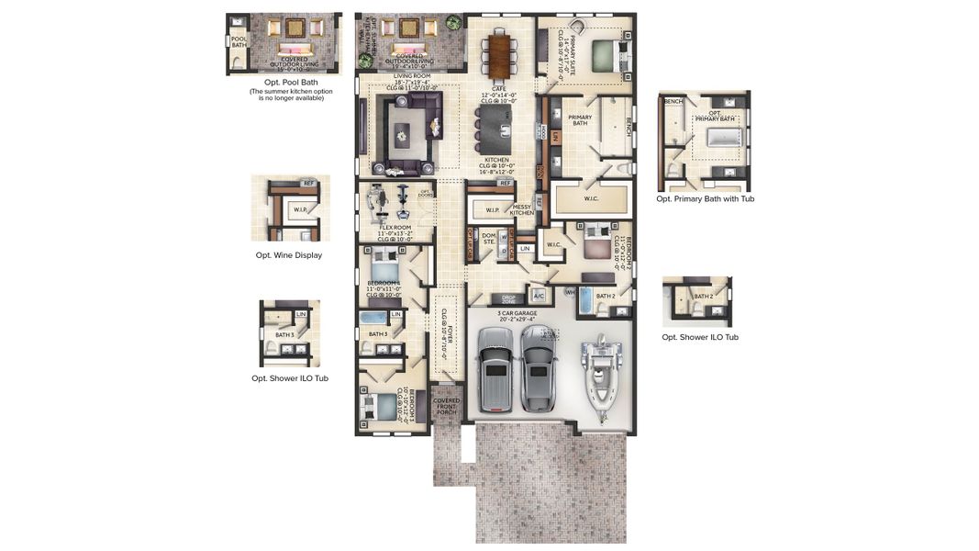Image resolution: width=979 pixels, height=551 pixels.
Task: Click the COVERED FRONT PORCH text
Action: pos(447,406)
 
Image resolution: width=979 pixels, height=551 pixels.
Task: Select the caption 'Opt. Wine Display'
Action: pos(289,255)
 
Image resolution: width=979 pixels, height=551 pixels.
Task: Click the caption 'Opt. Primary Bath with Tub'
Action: pos(705,198)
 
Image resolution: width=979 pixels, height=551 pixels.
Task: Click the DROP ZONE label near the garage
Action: pos(508,299)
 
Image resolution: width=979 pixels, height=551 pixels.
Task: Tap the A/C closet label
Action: pos(539,296)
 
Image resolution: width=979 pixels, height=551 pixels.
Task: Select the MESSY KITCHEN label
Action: pos(521,210)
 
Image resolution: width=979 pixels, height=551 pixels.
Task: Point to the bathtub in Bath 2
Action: pos(585,300)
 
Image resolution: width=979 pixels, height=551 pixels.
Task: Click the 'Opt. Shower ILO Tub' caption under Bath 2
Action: pos(700,337)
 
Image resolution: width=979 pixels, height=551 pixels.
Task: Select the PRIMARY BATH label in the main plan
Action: pos(580,119)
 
